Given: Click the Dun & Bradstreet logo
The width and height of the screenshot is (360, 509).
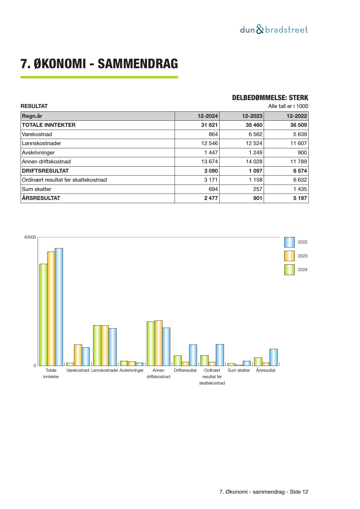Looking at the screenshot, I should tap(274, 30).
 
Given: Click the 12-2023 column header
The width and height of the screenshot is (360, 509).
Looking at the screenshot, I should tap(252, 116).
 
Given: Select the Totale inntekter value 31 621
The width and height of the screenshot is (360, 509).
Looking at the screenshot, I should tap(209, 125).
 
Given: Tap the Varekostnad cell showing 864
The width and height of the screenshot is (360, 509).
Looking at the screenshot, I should tap(213, 134).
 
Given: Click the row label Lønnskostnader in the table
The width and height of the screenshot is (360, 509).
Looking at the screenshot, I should tap(41, 143).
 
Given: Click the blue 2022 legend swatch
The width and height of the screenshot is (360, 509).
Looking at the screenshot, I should tap(289, 242).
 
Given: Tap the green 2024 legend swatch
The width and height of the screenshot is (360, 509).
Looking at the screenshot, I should tap(289, 270).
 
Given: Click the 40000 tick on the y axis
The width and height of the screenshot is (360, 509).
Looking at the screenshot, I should tap(30, 237).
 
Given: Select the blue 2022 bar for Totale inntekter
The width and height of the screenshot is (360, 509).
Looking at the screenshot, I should tap(59, 307).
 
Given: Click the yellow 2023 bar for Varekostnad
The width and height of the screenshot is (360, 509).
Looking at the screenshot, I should tap(78, 355).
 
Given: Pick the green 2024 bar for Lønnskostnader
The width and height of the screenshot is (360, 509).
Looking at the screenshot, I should tap(97, 345).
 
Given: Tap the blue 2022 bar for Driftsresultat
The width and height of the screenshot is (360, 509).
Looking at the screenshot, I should tap(193, 355).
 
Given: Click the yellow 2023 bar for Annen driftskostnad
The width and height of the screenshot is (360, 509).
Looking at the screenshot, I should tap(158, 343).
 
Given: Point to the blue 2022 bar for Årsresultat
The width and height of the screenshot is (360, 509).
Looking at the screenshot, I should tap(273, 357).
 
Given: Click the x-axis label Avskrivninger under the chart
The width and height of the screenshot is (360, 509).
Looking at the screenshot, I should tap(131, 370).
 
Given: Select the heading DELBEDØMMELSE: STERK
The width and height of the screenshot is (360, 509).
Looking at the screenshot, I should tap(270, 98).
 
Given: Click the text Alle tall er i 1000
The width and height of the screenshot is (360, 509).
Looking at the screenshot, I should tap(288, 106).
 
